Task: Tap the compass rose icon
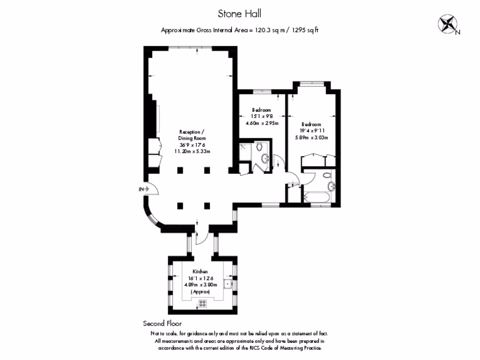point(448,24)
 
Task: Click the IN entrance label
point(141,189)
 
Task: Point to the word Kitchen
point(200,272)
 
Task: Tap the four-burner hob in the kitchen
point(203,303)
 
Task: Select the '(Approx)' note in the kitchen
point(200,292)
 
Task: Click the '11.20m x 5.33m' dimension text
point(192,151)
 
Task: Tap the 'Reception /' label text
point(192,132)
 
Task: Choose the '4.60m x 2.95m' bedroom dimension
point(262,123)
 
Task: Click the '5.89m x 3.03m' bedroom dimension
point(311,137)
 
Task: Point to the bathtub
point(317,197)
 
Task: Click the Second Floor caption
point(162,323)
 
